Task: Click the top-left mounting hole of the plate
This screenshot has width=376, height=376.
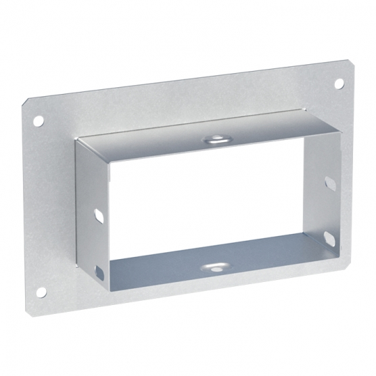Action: (x=39, y=120)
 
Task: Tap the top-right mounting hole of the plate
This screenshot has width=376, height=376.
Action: (x=339, y=83)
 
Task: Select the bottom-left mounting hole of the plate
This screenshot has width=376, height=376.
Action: (x=41, y=292)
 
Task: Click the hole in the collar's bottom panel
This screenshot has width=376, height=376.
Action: (x=216, y=266)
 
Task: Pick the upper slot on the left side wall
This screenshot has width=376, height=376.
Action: (x=99, y=214)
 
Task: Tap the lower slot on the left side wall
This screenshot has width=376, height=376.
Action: (x=100, y=274)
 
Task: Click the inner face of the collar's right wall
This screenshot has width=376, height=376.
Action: (x=323, y=203)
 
